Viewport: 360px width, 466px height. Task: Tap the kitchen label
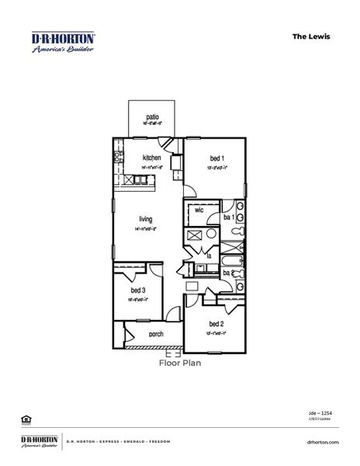pos(151,158)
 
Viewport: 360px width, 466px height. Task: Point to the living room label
pos(146,219)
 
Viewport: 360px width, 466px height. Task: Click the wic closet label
pos(199,210)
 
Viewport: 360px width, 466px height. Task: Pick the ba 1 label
pos(229,218)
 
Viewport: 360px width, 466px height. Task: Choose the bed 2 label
pos(216,324)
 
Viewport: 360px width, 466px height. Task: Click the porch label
pos(155,335)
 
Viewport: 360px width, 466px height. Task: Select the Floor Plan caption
pos(180,362)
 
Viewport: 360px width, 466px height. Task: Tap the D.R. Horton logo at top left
pos(63,41)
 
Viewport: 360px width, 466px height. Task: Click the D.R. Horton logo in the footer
pos(39,441)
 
